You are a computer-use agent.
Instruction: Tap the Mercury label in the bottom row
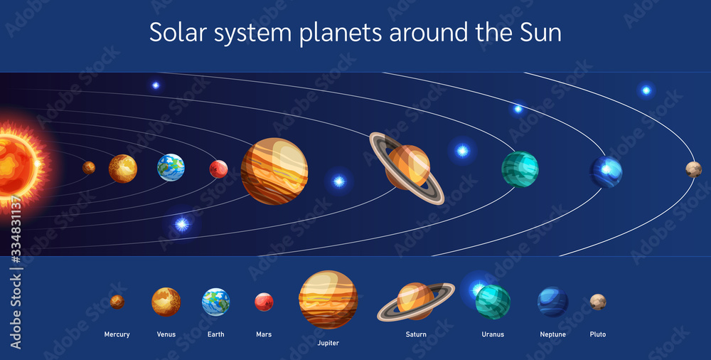(x=117, y=334)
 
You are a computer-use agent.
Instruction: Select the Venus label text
(x=166, y=334)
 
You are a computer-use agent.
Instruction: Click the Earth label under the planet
(x=216, y=334)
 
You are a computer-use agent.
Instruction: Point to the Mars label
(x=264, y=334)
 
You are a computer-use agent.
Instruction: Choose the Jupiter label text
(x=328, y=343)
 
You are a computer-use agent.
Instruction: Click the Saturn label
(x=416, y=334)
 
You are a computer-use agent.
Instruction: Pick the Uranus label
(x=493, y=334)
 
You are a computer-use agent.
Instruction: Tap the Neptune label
(x=552, y=334)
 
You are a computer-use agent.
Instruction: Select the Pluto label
(x=598, y=334)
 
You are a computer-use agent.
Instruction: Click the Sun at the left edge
(x=18, y=166)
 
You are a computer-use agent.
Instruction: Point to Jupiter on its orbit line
(x=274, y=171)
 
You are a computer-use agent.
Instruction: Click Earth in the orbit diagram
(x=171, y=167)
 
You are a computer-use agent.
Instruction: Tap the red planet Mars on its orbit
(x=218, y=169)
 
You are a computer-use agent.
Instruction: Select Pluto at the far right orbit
(x=693, y=169)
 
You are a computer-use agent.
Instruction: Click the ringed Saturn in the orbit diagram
(x=407, y=168)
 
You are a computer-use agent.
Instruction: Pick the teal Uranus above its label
(x=493, y=302)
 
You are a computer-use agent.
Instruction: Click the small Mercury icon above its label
(x=117, y=302)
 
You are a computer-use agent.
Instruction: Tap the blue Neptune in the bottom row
(x=552, y=302)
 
